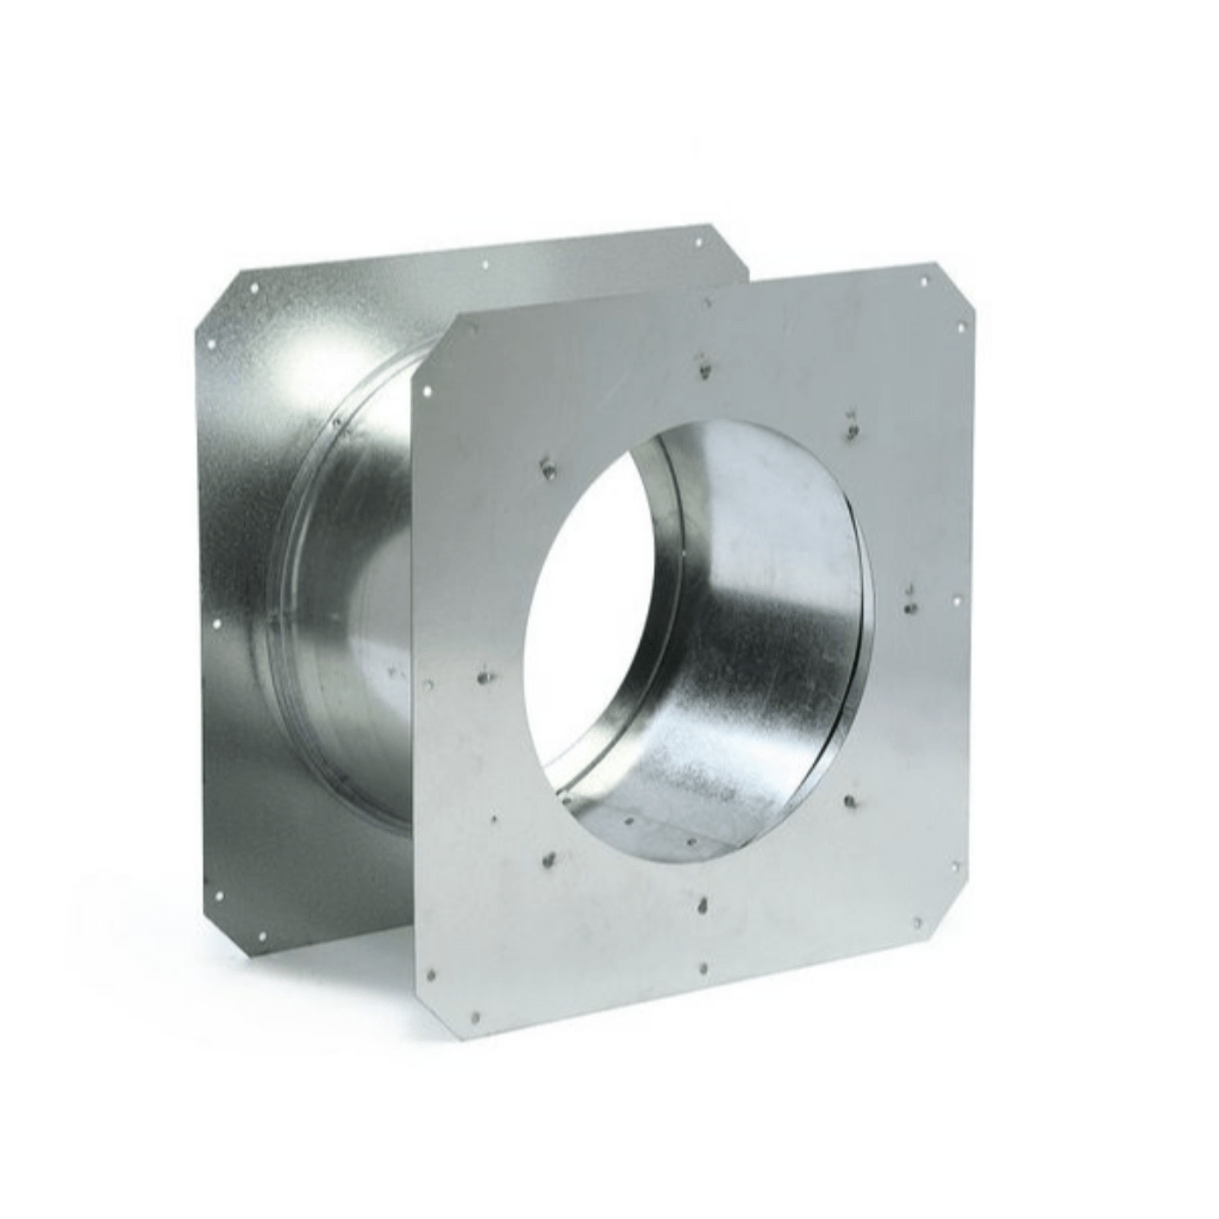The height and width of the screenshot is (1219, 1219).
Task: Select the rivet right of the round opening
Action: [909, 607]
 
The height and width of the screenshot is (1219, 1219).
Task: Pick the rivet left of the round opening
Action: [484, 675]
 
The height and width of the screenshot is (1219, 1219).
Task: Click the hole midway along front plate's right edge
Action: [957, 601]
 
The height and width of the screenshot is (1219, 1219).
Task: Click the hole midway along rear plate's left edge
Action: [218, 625]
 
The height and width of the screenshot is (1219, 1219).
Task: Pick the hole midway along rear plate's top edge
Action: [486, 265]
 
